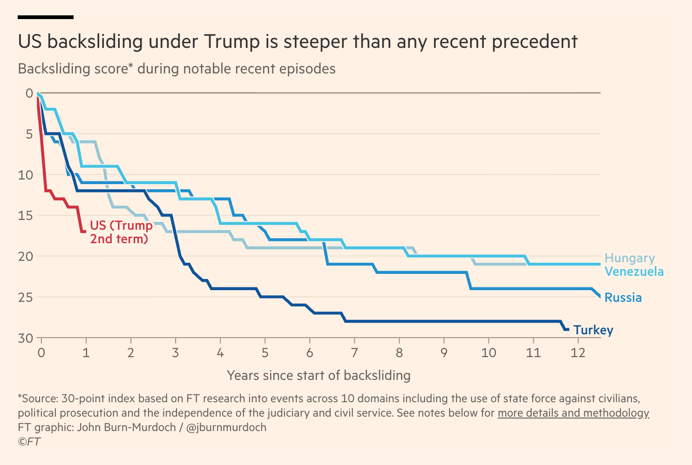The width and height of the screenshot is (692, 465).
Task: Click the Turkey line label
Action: (593, 330)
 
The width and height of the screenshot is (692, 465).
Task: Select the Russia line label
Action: (623, 298)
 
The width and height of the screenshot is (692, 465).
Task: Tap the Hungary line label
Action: (629, 258)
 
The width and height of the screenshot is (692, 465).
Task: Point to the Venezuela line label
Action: (634, 272)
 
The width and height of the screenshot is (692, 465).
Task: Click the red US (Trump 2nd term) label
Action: (121, 232)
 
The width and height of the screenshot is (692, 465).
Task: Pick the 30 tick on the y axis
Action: (26, 338)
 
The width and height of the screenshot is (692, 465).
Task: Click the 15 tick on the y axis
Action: (26, 215)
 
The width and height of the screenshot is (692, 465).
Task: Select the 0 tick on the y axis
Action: (29, 93)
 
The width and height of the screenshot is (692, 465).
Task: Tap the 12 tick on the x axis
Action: (578, 353)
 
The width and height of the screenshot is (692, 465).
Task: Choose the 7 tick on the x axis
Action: (354, 353)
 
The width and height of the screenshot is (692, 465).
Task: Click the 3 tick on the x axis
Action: (176, 353)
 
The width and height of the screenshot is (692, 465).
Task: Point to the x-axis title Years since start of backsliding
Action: (319, 375)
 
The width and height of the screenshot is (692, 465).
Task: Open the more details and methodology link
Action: (573, 413)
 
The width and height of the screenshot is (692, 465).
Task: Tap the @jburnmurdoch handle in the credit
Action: (226, 427)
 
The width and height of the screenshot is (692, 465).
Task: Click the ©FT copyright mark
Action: (29, 442)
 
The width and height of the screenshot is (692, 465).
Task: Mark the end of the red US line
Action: (85, 231)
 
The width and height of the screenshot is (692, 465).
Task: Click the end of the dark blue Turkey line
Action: (568, 329)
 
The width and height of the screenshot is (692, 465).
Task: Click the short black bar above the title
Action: (46, 17)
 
